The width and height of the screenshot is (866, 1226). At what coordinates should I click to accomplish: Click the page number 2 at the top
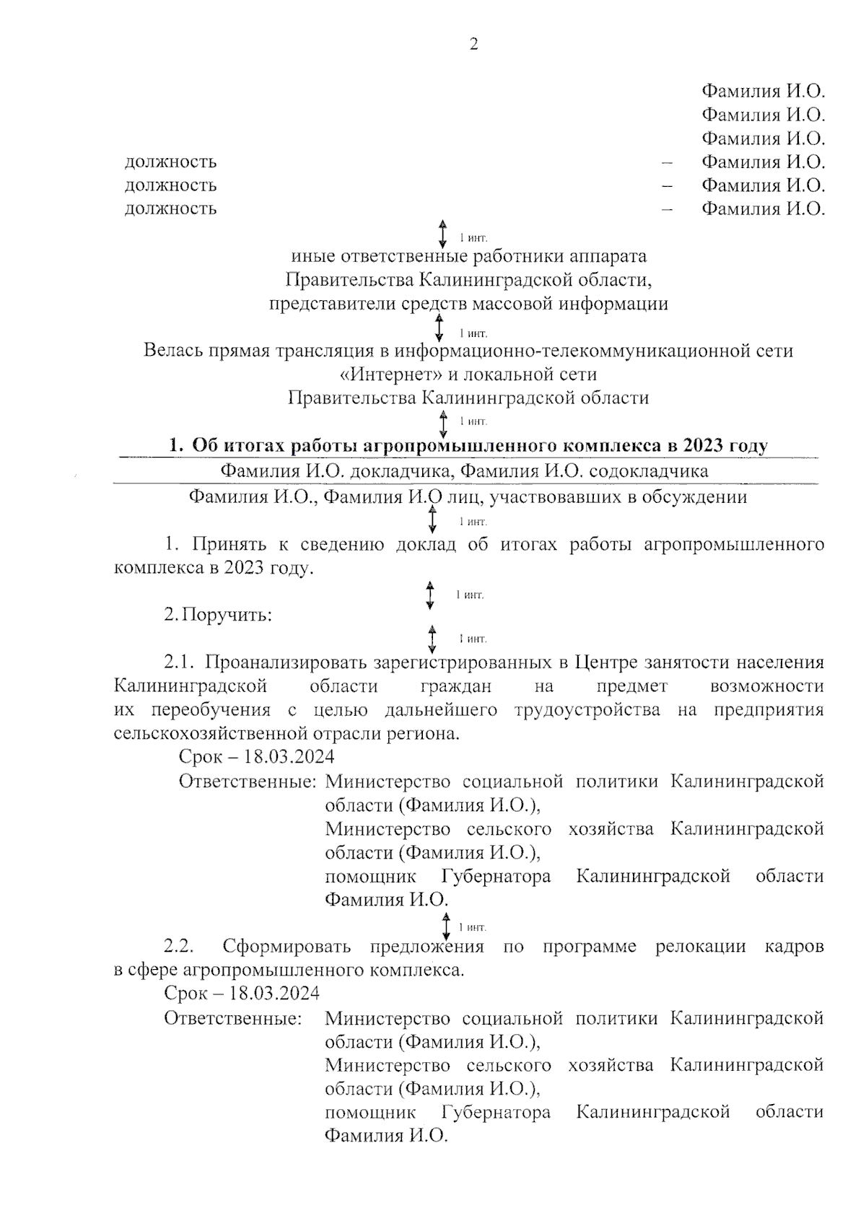(473, 45)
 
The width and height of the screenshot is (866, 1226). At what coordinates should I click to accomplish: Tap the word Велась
(173, 351)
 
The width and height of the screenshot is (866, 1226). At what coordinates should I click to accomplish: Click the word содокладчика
(649, 471)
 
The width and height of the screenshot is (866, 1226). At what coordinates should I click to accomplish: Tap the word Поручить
(227, 616)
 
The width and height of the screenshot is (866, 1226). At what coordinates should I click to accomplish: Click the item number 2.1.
(179, 662)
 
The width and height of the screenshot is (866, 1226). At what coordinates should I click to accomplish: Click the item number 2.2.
(179, 946)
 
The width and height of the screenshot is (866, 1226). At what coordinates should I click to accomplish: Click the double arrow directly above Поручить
(430, 595)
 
